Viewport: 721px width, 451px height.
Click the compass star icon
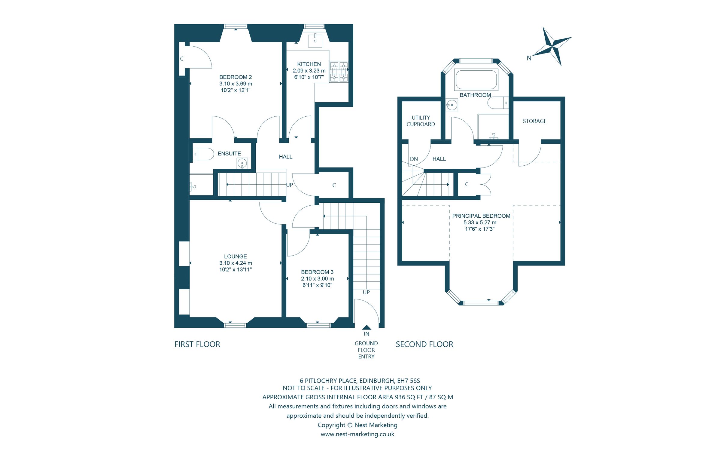(x=552, y=47)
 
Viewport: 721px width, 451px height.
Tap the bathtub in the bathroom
(x=476, y=80)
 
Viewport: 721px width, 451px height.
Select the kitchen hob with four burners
(x=339, y=72)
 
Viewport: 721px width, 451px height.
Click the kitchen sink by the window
(x=315, y=41)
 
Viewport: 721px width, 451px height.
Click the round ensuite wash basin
(x=242, y=164)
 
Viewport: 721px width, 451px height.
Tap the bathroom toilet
(x=498, y=103)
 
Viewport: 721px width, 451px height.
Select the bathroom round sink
(x=452, y=105)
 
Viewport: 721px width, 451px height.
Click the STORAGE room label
(x=534, y=121)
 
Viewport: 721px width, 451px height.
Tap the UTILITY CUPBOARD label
(x=421, y=121)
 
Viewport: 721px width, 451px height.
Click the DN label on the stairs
(x=414, y=159)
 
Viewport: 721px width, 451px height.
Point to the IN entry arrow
(x=367, y=328)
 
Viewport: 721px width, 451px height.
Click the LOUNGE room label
(x=235, y=256)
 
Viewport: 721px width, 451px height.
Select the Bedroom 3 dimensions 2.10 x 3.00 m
(x=317, y=279)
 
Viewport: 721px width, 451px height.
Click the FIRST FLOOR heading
(x=197, y=344)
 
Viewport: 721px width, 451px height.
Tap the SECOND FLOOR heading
(x=424, y=344)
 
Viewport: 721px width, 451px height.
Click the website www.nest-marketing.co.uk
(x=357, y=434)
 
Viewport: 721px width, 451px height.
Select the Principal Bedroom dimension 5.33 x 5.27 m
(x=480, y=222)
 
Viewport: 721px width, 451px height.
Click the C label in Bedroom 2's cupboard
(x=182, y=59)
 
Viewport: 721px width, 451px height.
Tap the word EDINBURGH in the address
(x=377, y=381)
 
